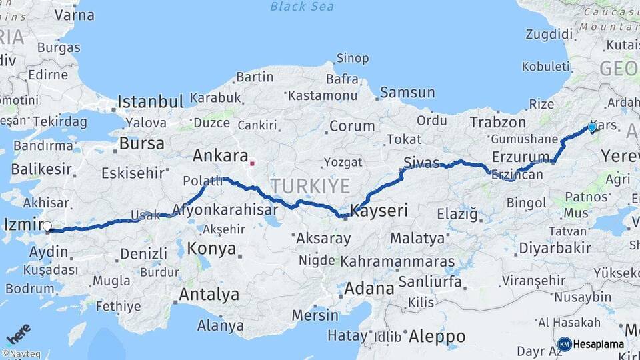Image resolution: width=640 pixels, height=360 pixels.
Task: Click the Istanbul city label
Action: click(150, 101)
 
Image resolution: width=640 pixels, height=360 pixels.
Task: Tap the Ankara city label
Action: click(220, 156)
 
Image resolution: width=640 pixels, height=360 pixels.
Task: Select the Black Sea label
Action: click(302, 7)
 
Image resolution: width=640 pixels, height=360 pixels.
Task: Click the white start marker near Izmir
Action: click(47, 226)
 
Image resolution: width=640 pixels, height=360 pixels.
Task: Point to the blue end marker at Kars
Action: click(591, 127)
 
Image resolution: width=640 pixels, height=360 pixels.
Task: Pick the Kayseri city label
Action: click(379, 210)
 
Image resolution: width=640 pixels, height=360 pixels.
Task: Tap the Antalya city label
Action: click(209, 294)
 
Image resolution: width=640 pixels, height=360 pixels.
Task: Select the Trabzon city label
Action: click(498, 122)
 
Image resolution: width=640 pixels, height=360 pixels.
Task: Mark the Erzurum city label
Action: click(520, 156)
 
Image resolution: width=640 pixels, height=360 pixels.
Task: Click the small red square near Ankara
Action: click(252, 163)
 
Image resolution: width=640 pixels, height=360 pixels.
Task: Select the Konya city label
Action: click(211, 249)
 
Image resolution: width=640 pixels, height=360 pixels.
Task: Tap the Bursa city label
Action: click(142, 143)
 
